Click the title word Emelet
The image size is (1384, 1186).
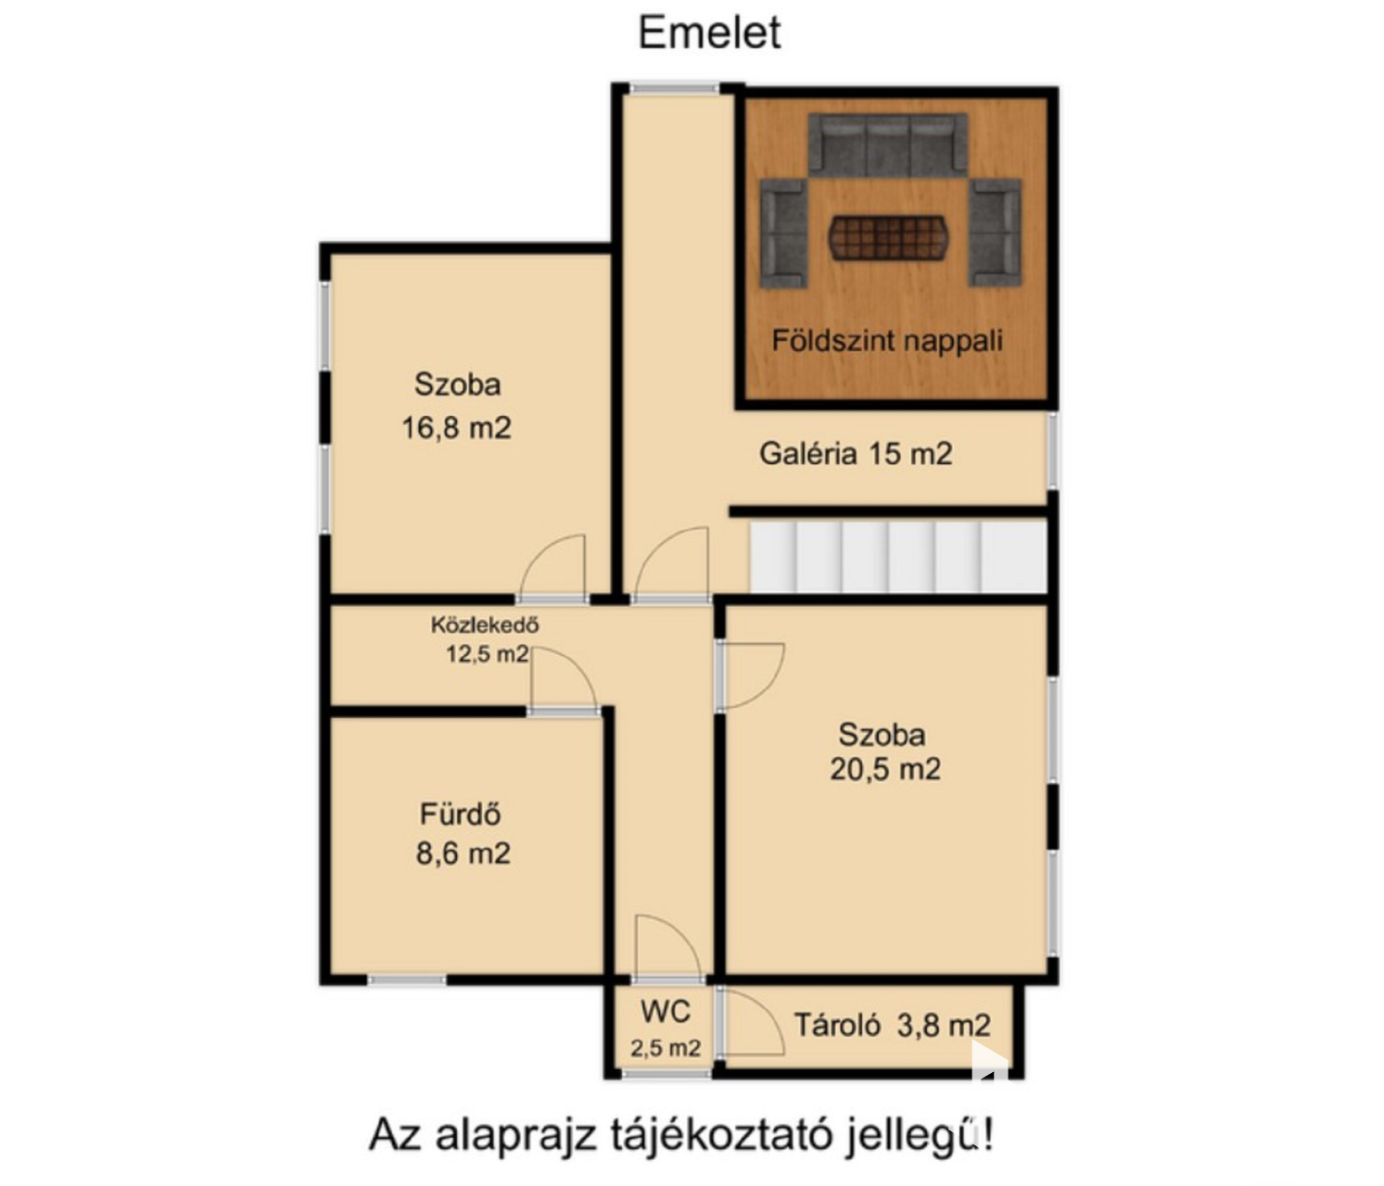[710, 32]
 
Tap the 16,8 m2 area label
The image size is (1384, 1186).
[457, 428]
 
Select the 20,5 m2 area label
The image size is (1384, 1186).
[885, 769]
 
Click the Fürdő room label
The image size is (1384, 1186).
[461, 814]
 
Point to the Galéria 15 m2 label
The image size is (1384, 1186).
[856, 454]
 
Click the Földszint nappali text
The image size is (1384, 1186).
[887, 341]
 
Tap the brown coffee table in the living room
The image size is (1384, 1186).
[887, 237]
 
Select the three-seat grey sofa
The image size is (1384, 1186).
[888, 145]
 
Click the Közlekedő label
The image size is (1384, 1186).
[485, 625]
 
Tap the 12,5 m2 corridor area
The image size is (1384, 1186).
[488, 654]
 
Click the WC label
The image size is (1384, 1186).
[665, 1011]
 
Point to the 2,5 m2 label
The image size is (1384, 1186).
[665, 1047]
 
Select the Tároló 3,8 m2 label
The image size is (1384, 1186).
[892, 1025]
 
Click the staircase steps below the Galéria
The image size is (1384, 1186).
[897, 557]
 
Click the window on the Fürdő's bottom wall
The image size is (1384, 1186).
[407, 980]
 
